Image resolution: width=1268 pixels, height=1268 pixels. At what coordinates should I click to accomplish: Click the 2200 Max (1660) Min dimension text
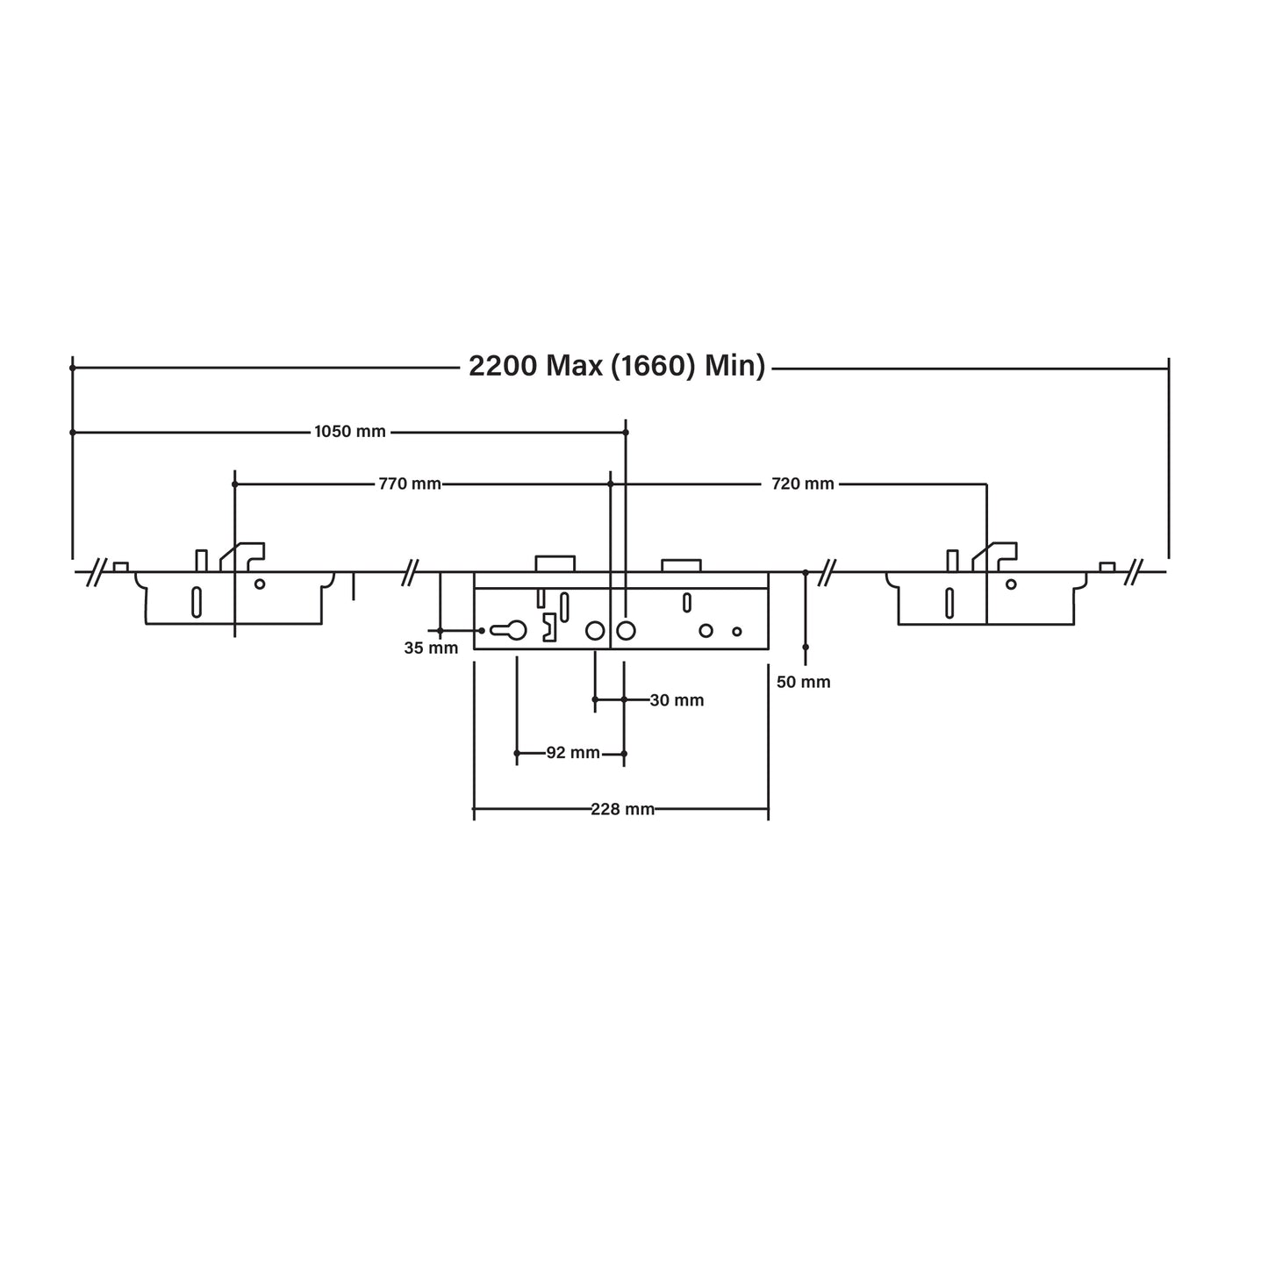(617, 366)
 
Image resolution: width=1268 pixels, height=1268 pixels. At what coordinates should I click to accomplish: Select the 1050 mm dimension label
(350, 432)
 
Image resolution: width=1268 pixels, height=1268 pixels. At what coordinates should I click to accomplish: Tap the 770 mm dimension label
(410, 484)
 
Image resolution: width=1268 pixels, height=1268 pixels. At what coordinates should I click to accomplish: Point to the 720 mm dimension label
(803, 484)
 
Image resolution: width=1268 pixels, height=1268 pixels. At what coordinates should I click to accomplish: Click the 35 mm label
(431, 648)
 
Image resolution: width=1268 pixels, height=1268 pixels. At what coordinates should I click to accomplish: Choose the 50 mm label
(804, 682)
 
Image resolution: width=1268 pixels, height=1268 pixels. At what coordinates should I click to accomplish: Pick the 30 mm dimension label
(677, 700)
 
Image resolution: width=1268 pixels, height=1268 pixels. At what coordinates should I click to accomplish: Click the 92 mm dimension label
(573, 753)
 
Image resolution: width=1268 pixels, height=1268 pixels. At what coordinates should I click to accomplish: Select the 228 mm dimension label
(622, 809)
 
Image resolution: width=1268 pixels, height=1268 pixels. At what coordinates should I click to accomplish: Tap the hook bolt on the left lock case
(243, 555)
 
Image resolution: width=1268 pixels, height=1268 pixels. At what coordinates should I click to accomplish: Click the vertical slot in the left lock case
(197, 601)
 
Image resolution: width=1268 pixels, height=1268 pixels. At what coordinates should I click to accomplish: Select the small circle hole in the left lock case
(260, 584)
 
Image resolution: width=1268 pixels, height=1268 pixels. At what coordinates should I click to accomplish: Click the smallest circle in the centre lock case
(737, 631)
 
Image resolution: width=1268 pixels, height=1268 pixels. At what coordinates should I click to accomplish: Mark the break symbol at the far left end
(97, 572)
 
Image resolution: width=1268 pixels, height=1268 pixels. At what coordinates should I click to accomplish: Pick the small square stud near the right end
(1107, 567)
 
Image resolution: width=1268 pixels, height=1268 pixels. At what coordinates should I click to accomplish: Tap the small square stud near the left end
(121, 567)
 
